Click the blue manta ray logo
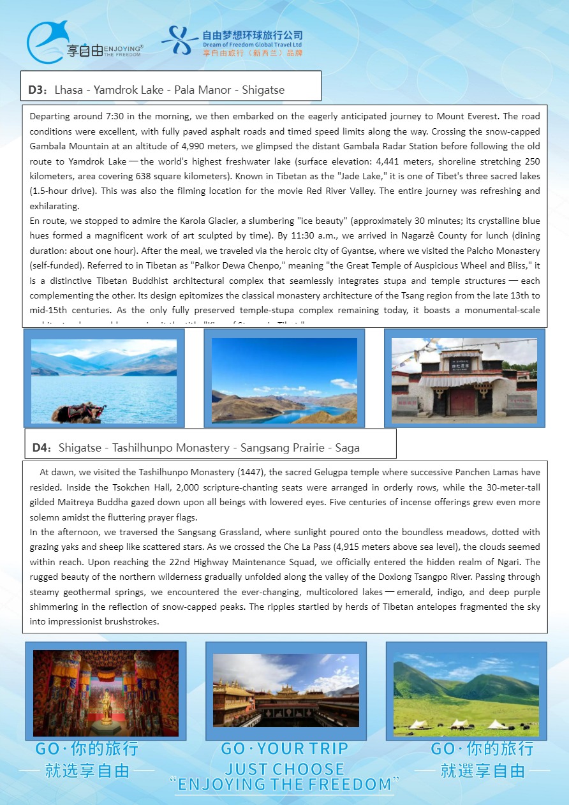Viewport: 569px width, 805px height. click(48, 42)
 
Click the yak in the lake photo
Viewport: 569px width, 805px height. click(78, 412)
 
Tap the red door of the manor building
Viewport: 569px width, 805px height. click(463, 402)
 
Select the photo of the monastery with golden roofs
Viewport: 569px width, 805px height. click(286, 690)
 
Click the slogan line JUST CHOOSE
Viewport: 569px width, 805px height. click(284, 768)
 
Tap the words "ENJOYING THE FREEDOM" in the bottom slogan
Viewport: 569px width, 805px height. click(285, 784)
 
